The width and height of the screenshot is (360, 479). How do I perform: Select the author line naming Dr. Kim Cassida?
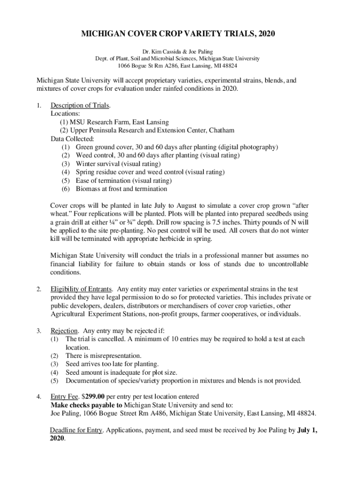tap(180, 51)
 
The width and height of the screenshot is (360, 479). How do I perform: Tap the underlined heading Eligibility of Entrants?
tap(81, 289)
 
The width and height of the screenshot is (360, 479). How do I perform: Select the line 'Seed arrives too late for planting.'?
tap(112, 364)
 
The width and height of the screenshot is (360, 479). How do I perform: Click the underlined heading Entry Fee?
tap(65, 397)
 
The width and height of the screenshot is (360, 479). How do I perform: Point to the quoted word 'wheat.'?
tap(61, 214)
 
